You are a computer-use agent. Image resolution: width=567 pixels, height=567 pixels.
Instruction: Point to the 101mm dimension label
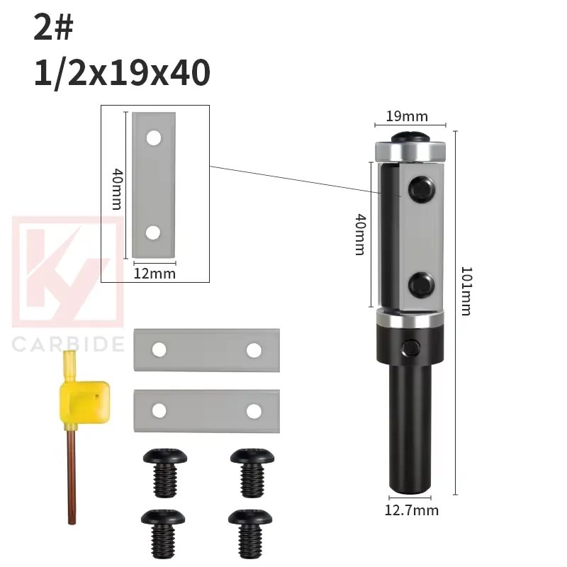pyautogui.click(x=466, y=291)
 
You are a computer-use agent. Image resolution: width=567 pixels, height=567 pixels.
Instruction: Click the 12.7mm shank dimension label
pyautogui.click(x=411, y=510)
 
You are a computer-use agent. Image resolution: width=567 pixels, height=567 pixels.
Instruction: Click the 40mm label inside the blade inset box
pyautogui.click(x=118, y=188)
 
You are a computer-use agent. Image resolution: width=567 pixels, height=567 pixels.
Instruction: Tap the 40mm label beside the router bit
pyautogui.click(x=359, y=234)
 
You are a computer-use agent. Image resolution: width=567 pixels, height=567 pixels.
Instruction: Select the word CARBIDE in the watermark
pyautogui.click(x=68, y=345)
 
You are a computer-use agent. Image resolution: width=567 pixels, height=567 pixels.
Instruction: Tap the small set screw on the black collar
pyautogui.click(x=411, y=346)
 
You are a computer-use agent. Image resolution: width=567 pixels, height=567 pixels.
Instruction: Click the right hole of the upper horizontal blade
pyautogui.click(x=254, y=349)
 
